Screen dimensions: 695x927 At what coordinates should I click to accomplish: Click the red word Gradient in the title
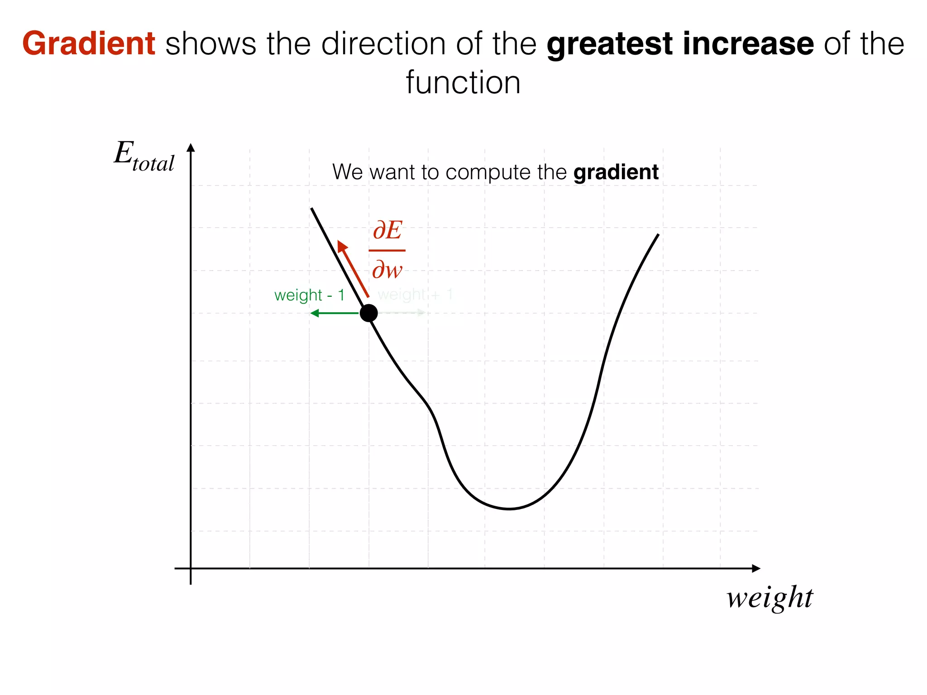coord(89,44)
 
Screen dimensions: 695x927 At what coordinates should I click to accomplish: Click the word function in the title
coord(463,83)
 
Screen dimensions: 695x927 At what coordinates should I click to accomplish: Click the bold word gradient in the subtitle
coord(616,172)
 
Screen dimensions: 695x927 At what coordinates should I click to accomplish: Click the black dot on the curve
coord(368,313)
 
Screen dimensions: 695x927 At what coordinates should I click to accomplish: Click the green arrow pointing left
coord(333,313)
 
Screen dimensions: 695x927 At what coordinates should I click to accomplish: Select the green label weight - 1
coord(310,295)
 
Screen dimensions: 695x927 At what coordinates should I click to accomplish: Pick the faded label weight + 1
coord(415,295)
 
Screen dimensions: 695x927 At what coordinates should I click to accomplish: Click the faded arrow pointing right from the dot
coord(403,313)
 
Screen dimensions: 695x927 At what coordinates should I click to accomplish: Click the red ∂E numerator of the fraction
coord(387,231)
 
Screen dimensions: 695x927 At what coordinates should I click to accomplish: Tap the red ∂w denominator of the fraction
coord(387,270)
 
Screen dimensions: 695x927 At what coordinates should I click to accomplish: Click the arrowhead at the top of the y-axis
coord(191,148)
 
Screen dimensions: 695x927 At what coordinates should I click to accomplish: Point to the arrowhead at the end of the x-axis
coord(756,568)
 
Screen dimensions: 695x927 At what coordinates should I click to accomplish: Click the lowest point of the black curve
coord(509,509)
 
